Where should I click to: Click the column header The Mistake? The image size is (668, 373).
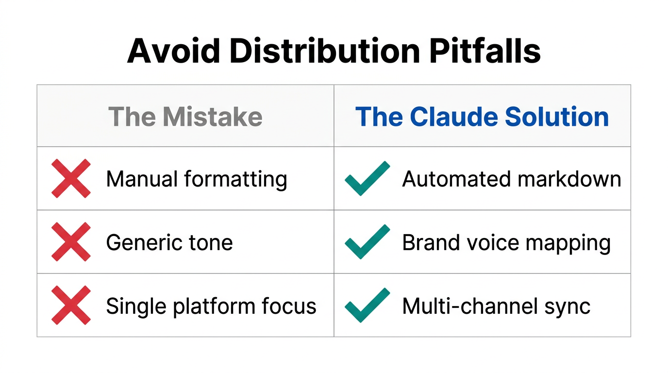tap(185, 117)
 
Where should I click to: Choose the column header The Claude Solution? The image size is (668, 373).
tap(482, 117)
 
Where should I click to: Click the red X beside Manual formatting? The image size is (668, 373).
tap(71, 178)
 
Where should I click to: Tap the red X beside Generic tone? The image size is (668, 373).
tap(71, 242)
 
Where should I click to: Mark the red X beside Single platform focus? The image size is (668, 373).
tap(71, 305)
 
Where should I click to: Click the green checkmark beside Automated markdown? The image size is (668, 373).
tap(367, 178)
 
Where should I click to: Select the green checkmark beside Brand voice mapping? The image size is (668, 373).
tap(367, 241)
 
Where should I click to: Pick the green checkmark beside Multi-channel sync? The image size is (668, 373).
tap(367, 305)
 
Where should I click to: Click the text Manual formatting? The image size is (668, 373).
tap(197, 179)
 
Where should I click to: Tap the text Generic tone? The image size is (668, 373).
tap(169, 242)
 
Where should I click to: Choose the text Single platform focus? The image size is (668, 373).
tap(211, 306)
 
